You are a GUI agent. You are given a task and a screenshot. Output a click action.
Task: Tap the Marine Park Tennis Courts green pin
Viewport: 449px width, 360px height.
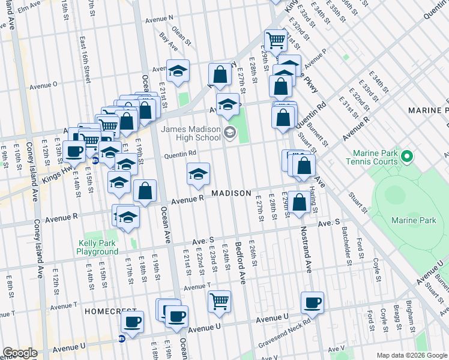pos(407,157)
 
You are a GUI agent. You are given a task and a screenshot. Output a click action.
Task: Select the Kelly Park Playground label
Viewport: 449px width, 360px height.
pos(98,248)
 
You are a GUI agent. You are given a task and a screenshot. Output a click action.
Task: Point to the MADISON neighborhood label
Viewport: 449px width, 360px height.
pos(231,193)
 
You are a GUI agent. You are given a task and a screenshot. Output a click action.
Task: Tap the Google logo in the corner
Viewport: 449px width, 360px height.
pos(19,353)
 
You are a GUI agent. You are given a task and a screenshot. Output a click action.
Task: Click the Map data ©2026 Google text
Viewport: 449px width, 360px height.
pos(412,355)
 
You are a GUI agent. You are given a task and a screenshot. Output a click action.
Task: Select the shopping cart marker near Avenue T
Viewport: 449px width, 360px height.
pos(220,301)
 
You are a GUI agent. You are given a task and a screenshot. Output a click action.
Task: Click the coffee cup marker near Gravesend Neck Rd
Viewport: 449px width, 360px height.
pos(312,302)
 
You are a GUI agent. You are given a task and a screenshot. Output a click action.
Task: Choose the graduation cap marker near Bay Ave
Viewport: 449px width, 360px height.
pos(178,71)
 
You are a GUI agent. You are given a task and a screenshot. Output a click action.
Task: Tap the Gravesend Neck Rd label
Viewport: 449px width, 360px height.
pos(285,334)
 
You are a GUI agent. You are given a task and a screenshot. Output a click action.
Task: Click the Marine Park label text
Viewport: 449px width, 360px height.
pos(413,220)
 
